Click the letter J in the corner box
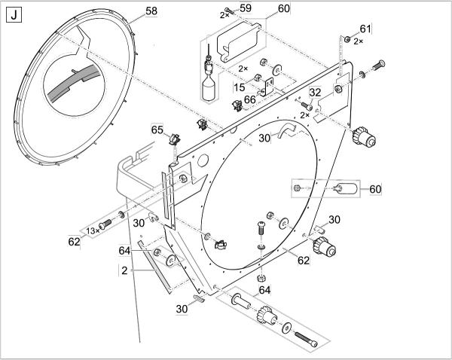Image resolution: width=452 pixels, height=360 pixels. click(14, 15)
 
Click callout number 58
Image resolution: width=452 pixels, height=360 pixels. click(151, 11)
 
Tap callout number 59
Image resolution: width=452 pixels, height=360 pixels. click(246, 8)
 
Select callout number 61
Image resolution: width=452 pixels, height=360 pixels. click(365, 29)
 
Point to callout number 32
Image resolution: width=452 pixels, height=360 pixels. click(315, 92)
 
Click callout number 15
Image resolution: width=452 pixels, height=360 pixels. click(240, 87)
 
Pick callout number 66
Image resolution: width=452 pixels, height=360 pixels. click(250, 99)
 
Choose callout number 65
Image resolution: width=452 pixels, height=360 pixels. click(157, 130)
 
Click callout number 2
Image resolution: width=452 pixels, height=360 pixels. click(124, 270)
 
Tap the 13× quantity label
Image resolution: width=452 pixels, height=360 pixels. click(93, 230)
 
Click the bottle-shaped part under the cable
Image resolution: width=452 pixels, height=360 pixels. click(208, 90)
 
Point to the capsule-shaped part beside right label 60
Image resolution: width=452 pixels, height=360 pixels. click(345, 188)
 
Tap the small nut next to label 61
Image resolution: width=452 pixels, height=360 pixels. click(347, 38)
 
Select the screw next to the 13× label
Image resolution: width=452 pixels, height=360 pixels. click(105, 224)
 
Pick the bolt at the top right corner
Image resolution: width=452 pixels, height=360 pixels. click(379, 65)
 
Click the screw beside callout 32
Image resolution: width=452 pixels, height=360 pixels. click(307, 105)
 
